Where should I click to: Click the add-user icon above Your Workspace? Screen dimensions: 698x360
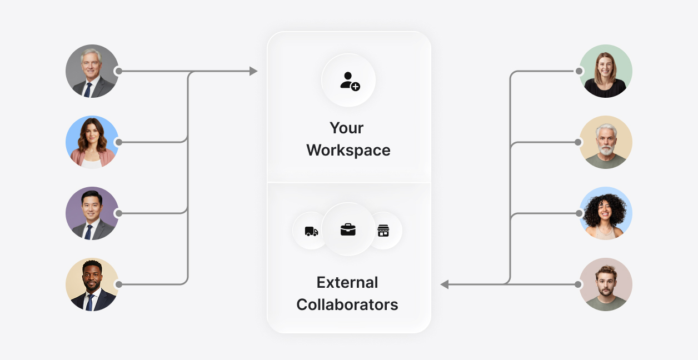(350, 81)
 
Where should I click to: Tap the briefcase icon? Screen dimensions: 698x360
(348, 229)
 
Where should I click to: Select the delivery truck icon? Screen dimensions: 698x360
(311, 231)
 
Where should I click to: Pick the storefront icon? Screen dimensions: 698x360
(383, 231)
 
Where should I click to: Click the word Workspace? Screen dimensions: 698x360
(348, 150)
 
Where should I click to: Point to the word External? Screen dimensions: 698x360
(347, 282)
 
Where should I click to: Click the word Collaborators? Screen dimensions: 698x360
(347, 304)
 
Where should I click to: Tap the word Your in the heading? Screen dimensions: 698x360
(346, 128)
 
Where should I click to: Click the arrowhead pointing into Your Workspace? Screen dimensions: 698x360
(253, 71)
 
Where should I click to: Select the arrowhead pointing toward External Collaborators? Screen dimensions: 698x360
(445, 284)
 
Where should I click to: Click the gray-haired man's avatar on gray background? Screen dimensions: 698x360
(92, 71)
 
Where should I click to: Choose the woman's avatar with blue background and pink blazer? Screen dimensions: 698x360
(92, 142)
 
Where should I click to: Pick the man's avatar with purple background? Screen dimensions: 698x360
(92, 213)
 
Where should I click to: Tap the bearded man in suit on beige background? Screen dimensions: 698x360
(92, 284)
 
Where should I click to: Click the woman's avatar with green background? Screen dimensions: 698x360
(606, 71)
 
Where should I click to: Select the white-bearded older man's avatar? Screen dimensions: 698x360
(606, 142)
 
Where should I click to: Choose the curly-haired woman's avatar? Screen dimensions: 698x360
(606, 213)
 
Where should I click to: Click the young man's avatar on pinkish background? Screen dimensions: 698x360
(606, 284)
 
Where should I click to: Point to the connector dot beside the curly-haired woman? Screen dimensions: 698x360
(579, 213)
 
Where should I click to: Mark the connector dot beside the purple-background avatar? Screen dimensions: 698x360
(118, 213)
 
